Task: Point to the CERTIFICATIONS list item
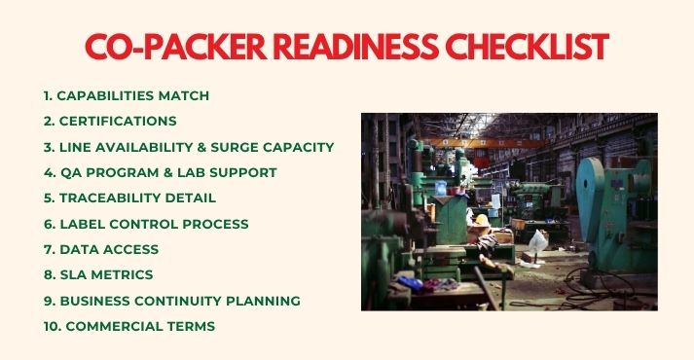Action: point(117,122)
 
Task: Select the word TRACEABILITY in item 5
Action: point(108,198)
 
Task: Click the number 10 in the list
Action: point(52,326)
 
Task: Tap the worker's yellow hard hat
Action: point(481,220)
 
